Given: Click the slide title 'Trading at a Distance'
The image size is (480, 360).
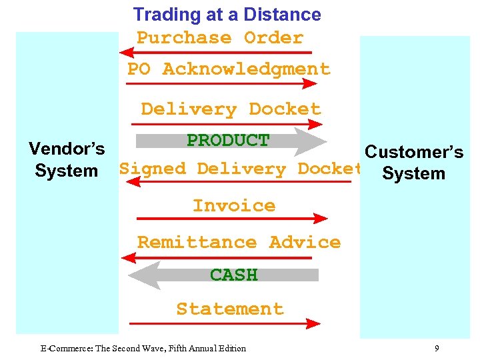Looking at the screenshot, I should pos(227,14).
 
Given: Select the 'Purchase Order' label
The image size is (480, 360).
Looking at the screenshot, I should pos(220,38).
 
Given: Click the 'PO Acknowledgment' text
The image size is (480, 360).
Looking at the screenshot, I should pos(229,69).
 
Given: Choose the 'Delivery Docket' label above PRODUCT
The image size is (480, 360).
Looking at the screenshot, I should pos(231,109).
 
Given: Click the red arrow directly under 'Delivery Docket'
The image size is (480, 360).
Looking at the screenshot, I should pos(227,124).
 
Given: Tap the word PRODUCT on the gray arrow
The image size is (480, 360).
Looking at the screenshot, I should pos(227,141).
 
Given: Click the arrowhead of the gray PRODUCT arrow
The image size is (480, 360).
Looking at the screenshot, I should pos(313,141).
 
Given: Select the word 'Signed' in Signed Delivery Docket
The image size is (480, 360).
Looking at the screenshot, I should pos(153,169).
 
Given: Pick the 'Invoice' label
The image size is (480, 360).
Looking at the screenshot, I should pos(233,206).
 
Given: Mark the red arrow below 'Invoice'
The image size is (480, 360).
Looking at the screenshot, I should pos(230,218).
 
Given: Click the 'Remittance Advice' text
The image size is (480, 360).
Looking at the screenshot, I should pos(239,242).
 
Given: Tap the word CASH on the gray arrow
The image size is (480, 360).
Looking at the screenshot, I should pos(233,275).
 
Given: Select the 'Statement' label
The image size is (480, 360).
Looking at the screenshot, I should pos(230,309).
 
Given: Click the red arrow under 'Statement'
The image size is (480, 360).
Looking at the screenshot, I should pos(223,323).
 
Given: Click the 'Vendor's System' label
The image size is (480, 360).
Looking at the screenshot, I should pos(67,159).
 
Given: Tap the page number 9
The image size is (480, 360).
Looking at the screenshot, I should pos(436,348).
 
